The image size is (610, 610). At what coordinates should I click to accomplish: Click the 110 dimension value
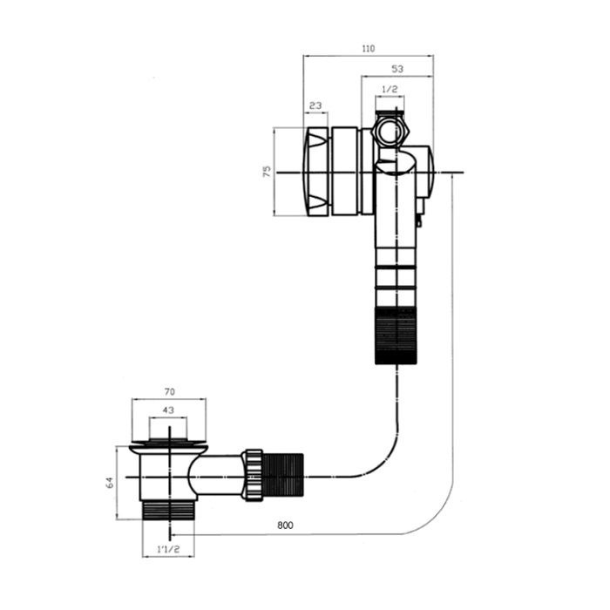pos(368,51)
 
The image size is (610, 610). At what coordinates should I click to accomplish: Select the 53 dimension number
pos(397,69)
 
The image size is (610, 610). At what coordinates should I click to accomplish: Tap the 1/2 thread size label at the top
pos(390,90)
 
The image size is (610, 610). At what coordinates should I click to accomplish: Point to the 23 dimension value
pos(315,106)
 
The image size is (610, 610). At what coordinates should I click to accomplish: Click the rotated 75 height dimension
pos(268,171)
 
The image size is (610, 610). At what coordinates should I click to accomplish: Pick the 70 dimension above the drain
pos(170,393)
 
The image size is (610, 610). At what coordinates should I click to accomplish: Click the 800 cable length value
pos(286,526)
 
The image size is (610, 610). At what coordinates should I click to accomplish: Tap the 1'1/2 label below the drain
pos(168,551)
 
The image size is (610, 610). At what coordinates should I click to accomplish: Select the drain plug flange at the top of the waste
pos(169,447)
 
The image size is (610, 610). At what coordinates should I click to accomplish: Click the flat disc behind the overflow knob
pos(349,171)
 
